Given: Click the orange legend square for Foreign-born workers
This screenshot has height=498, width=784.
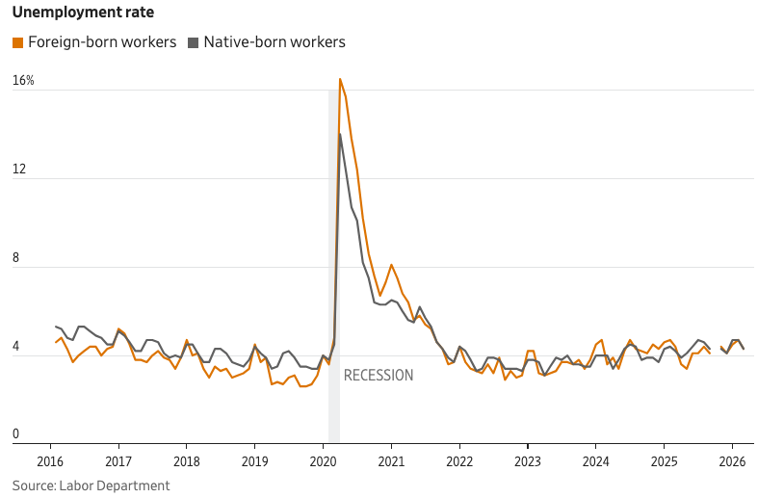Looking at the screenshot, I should point(17,42).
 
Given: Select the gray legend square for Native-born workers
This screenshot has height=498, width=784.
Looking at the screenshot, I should point(193,42).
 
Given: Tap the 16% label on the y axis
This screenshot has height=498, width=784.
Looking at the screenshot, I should point(23,81).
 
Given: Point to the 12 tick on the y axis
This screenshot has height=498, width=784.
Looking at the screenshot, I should point(18,170).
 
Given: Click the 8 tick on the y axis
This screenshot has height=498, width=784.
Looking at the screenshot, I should point(15,258).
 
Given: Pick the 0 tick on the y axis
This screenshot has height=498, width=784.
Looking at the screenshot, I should point(15,435).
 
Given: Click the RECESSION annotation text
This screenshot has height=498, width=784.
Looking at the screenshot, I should point(379,376).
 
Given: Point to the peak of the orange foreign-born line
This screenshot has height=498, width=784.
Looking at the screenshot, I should point(340,79).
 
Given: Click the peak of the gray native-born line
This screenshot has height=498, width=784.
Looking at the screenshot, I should point(339,134).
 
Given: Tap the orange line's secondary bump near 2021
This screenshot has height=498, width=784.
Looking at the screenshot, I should point(391,265).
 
